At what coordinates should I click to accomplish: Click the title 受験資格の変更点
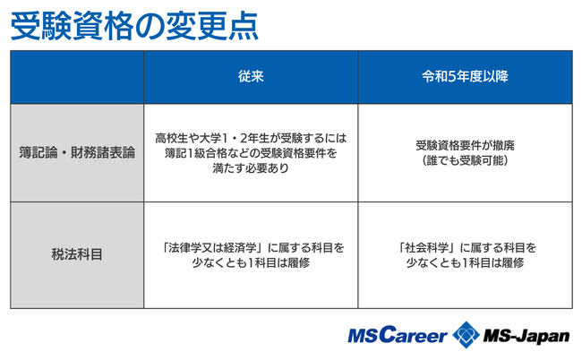[x=134, y=26]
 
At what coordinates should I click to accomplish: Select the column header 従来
[x=251, y=76]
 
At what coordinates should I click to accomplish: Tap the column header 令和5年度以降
[x=465, y=76]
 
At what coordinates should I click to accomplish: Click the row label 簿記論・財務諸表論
[x=77, y=152]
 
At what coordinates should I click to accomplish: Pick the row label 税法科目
[x=77, y=254]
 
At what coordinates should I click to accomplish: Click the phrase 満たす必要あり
[x=251, y=168]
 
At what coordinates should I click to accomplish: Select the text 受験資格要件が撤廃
[x=465, y=145]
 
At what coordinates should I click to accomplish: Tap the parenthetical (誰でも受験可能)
[x=465, y=160]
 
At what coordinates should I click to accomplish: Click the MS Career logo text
[x=398, y=336]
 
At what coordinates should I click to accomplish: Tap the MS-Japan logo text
[x=526, y=336]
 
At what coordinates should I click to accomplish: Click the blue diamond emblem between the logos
[x=466, y=335]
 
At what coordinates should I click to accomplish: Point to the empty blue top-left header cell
[x=77, y=77]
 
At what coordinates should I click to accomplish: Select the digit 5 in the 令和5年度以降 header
[x=451, y=76]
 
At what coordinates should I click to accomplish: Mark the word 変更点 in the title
[x=212, y=26]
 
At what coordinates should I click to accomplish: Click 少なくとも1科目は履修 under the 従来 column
[x=251, y=262]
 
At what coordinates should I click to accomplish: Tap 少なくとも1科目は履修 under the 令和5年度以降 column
[x=465, y=262]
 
